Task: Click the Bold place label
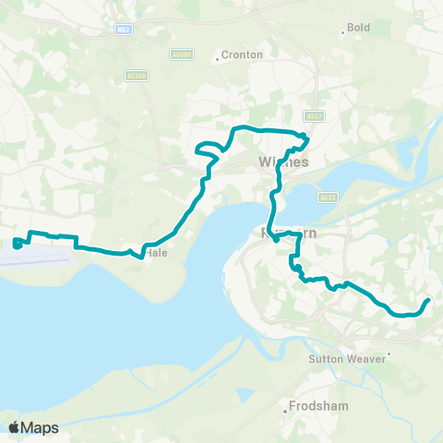(358, 28)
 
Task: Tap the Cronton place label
(243, 54)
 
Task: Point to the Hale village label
(156, 253)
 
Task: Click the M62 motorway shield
(124, 30)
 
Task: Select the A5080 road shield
(182, 55)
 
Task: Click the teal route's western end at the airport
(17, 245)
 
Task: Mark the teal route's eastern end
(428, 301)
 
